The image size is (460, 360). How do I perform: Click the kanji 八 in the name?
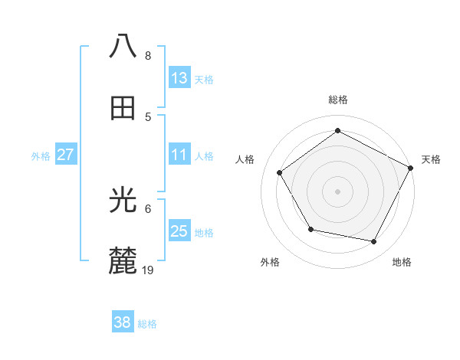pyautogui.click(x=123, y=47)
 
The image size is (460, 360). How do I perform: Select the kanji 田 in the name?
pyautogui.click(x=123, y=108)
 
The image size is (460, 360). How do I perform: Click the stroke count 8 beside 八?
pyautogui.click(x=148, y=56)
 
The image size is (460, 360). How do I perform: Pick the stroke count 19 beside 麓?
pyautogui.click(x=149, y=270)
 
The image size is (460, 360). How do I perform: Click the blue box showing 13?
pyautogui.click(x=179, y=77)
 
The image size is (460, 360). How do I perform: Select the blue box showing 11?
pyautogui.click(x=179, y=155)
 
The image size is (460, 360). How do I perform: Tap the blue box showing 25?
pyautogui.click(x=179, y=231)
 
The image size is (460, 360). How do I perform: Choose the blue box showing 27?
pyautogui.click(x=66, y=155)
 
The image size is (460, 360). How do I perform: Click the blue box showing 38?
pyautogui.click(x=123, y=322)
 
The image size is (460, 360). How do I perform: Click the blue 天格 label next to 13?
pyautogui.click(x=204, y=79)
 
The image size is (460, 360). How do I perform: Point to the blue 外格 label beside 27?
pyautogui.click(x=41, y=156)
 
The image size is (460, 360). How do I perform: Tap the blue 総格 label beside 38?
pyautogui.click(x=147, y=324)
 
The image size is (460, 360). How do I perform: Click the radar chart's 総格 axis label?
pyautogui.click(x=337, y=100)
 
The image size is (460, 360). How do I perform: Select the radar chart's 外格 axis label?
pyautogui.click(x=270, y=262)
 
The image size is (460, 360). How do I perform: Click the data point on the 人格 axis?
pyautogui.click(x=280, y=172)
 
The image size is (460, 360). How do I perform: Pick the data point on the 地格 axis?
pyautogui.click(x=374, y=242)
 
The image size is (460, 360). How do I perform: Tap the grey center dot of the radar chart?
pyautogui.click(x=337, y=191)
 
